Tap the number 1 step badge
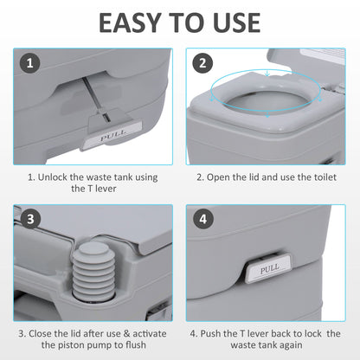coord(30,63)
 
